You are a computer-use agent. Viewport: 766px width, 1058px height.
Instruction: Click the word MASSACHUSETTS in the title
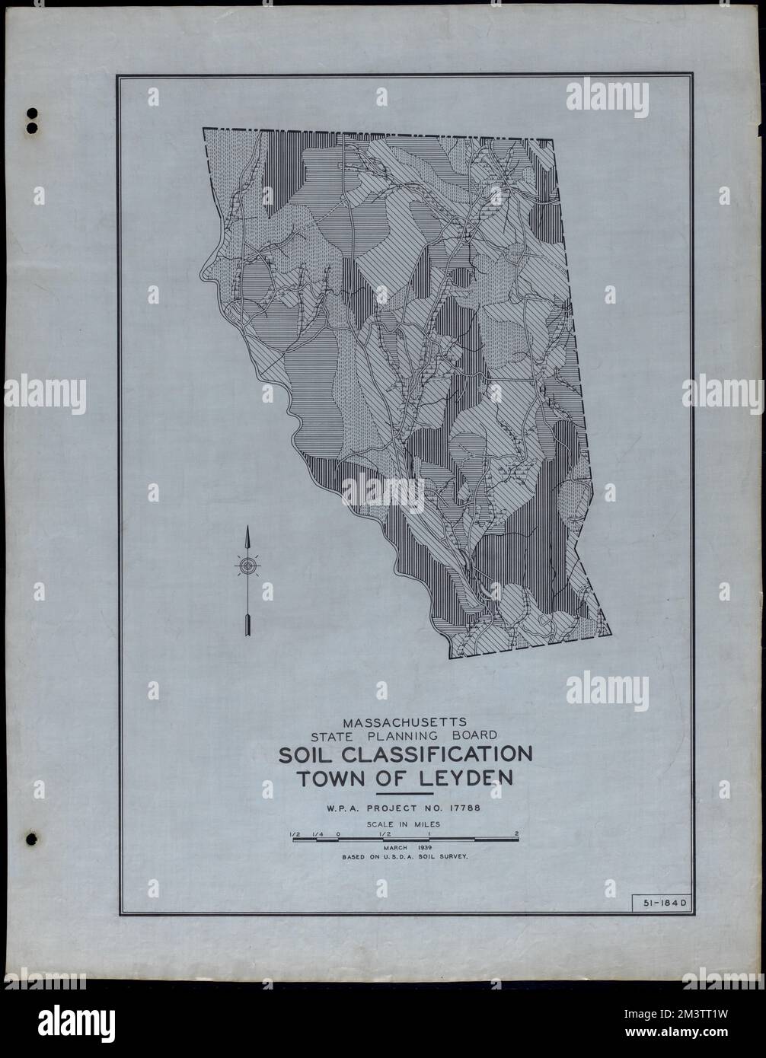click(404, 721)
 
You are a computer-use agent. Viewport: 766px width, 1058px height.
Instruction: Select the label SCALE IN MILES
click(404, 824)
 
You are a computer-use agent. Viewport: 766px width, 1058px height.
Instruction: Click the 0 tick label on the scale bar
click(337, 833)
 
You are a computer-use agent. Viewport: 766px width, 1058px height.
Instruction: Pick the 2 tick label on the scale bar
click(517, 833)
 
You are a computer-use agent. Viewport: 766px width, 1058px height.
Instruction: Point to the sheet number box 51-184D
click(660, 903)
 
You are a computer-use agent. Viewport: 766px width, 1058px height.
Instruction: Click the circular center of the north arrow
click(247, 566)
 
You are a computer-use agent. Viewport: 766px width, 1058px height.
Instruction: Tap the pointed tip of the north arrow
click(247, 527)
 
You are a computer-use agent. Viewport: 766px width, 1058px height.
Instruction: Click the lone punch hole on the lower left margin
click(31, 839)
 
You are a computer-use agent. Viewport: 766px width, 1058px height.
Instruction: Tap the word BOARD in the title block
click(472, 735)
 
